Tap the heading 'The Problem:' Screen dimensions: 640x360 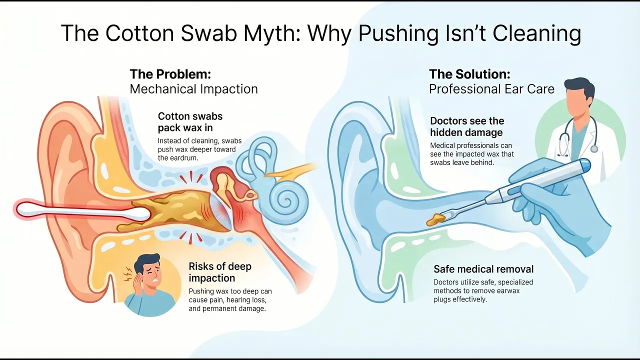click(x=170, y=74)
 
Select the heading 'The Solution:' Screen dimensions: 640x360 click(x=469, y=74)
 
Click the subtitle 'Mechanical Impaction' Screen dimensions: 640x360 click(x=193, y=89)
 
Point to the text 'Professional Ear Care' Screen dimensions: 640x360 click(x=491, y=89)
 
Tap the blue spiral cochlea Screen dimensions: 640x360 click(x=284, y=200)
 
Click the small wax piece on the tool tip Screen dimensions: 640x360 click(x=435, y=219)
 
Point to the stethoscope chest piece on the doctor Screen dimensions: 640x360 click(x=594, y=149)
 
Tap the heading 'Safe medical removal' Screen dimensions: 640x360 click(x=483, y=269)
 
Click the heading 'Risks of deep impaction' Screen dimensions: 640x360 click(x=220, y=272)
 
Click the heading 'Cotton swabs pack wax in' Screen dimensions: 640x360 click(x=190, y=122)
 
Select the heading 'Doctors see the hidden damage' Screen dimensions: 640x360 click(x=467, y=126)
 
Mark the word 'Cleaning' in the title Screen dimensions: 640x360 click(x=536, y=33)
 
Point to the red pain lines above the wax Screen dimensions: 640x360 click(x=190, y=177)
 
